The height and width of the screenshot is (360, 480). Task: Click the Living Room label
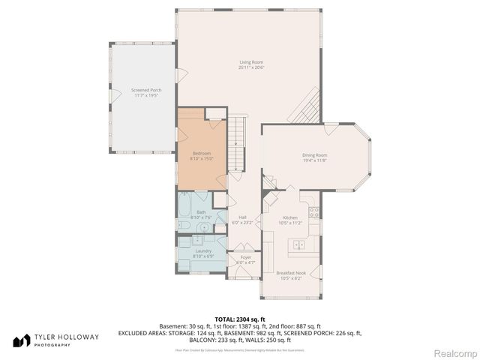251,62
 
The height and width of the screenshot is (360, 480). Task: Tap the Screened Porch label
125,90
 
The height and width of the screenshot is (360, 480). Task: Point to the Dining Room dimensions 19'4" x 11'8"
315,160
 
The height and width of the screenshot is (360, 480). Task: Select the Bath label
201,212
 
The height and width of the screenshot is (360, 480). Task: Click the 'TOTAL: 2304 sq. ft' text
240,319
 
